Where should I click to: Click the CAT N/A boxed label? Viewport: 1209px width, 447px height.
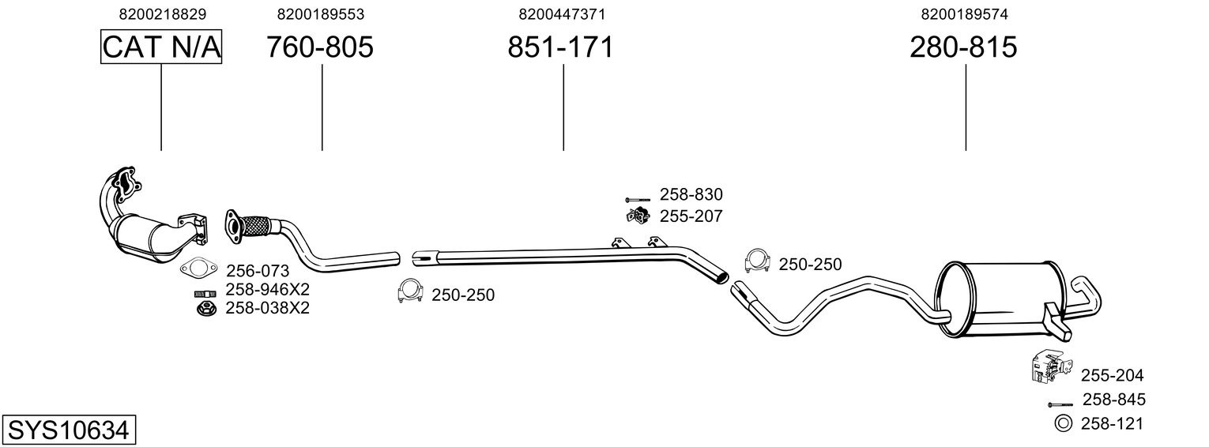161,47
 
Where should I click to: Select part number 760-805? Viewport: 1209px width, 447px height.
319,47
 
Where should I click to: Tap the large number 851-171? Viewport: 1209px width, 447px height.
560,47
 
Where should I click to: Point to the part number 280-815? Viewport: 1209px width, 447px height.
963,47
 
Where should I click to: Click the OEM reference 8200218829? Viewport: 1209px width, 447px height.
163,14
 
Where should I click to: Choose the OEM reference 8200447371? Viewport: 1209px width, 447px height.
562,14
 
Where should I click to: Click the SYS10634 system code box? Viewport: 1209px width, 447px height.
69,430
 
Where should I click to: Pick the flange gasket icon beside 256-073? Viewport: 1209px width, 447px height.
198,268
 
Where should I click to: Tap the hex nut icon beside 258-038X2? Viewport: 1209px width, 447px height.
205,309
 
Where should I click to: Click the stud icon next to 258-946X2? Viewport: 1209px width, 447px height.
205,294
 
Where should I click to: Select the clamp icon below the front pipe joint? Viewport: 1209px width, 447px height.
409,291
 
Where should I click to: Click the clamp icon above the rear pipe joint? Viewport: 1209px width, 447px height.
757,261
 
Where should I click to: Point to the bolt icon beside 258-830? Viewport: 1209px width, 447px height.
638,200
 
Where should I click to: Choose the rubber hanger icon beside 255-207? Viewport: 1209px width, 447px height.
638,215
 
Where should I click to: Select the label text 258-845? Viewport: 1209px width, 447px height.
1113,400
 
